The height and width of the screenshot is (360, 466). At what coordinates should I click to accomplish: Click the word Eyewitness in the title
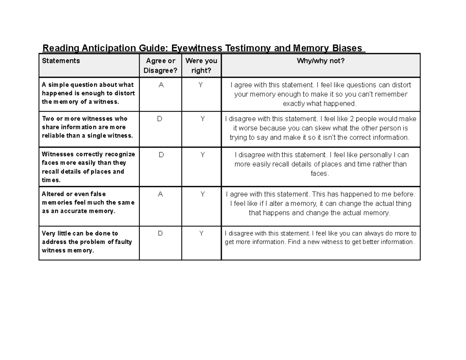(197, 49)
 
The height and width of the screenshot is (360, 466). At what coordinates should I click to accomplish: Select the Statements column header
(61, 61)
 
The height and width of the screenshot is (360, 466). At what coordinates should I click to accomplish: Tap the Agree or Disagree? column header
(160, 65)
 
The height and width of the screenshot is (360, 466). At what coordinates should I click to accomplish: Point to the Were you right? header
(201, 65)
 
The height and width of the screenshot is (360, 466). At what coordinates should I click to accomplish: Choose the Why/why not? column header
(321, 61)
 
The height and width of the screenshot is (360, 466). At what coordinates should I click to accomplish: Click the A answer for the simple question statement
(161, 85)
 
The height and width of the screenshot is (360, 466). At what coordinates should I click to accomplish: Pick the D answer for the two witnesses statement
(160, 119)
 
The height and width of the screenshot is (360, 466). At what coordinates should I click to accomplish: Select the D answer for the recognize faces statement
(161, 155)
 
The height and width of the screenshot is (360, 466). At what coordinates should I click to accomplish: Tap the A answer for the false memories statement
(160, 194)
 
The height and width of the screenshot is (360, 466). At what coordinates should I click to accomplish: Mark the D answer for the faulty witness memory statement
(160, 233)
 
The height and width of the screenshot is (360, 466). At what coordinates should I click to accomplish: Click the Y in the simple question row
(200, 85)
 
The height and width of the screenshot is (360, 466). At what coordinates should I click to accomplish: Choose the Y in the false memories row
(202, 194)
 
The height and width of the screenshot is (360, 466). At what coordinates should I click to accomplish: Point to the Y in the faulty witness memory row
(201, 233)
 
